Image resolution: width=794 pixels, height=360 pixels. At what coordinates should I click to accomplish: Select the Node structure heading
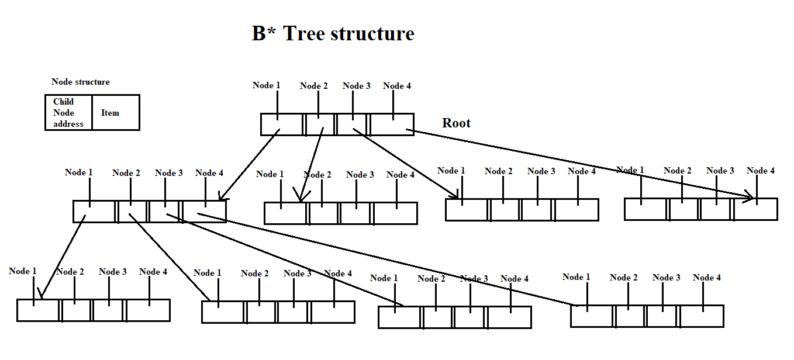pyautogui.click(x=81, y=82)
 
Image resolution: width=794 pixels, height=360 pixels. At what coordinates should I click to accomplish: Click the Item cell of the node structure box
pyautogui.click(x=111, y=113)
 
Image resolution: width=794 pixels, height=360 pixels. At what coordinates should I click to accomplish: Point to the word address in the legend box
pyautogui.click(x=68, y=124)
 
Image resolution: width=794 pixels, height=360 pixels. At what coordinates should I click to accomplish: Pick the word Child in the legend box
pyautogui.click(x=63, y=102)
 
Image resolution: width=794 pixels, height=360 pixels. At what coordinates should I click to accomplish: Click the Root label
pyautogui.click(x=456, y=123)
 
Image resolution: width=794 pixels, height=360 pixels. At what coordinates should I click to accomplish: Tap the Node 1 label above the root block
pyautogui.click(x=266, y=85)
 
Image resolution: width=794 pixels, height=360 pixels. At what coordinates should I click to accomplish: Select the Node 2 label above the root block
pyautogui.click(x=314, y=86)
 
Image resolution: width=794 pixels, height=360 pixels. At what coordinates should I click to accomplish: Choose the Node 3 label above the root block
pyautogui.click(x=356, y=86)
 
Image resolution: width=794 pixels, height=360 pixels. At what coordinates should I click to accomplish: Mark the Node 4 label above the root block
pyautogui.click(x=397, y=86)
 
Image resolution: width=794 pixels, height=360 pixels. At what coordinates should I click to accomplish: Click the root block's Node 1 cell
pyautogui.click(x=282, y=124)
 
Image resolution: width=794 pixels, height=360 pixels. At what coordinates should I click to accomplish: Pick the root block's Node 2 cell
pyautogui.click(x=320, y=124)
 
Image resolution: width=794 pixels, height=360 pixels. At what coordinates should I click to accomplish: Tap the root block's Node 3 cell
pyautogui.click(x=352, y=124)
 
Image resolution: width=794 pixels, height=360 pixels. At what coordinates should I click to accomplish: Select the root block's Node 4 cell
pyautogui.click(x=392, y=124)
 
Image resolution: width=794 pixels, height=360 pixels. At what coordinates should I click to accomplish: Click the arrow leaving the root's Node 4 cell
pyautogui.click(x=579, y=164)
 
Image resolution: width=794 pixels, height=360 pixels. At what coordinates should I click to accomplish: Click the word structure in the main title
pyautogui.click(x=372, y=34)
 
